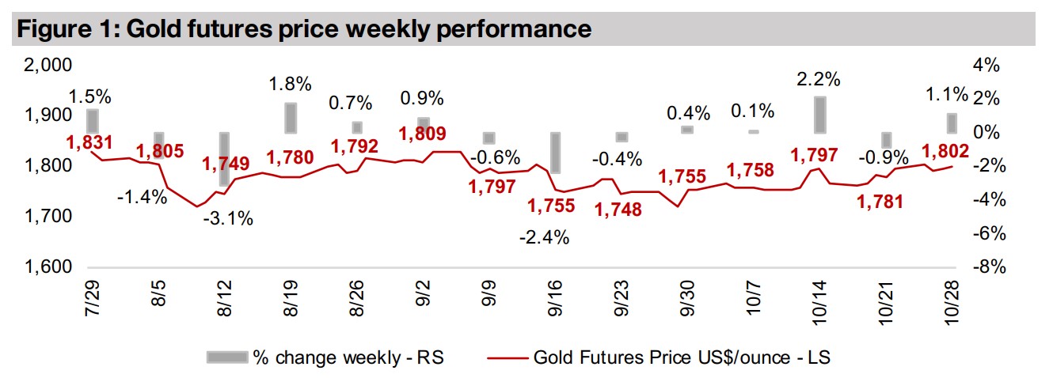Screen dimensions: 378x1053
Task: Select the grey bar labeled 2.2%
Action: [819, 115]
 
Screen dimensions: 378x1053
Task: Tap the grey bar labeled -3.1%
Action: [225, 159]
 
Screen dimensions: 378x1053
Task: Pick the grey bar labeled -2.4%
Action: [556, 153]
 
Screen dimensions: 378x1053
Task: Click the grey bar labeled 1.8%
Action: [291, 118]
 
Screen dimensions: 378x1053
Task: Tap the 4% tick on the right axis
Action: [989, 65]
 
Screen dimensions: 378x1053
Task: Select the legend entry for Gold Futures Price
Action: [682, 357]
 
